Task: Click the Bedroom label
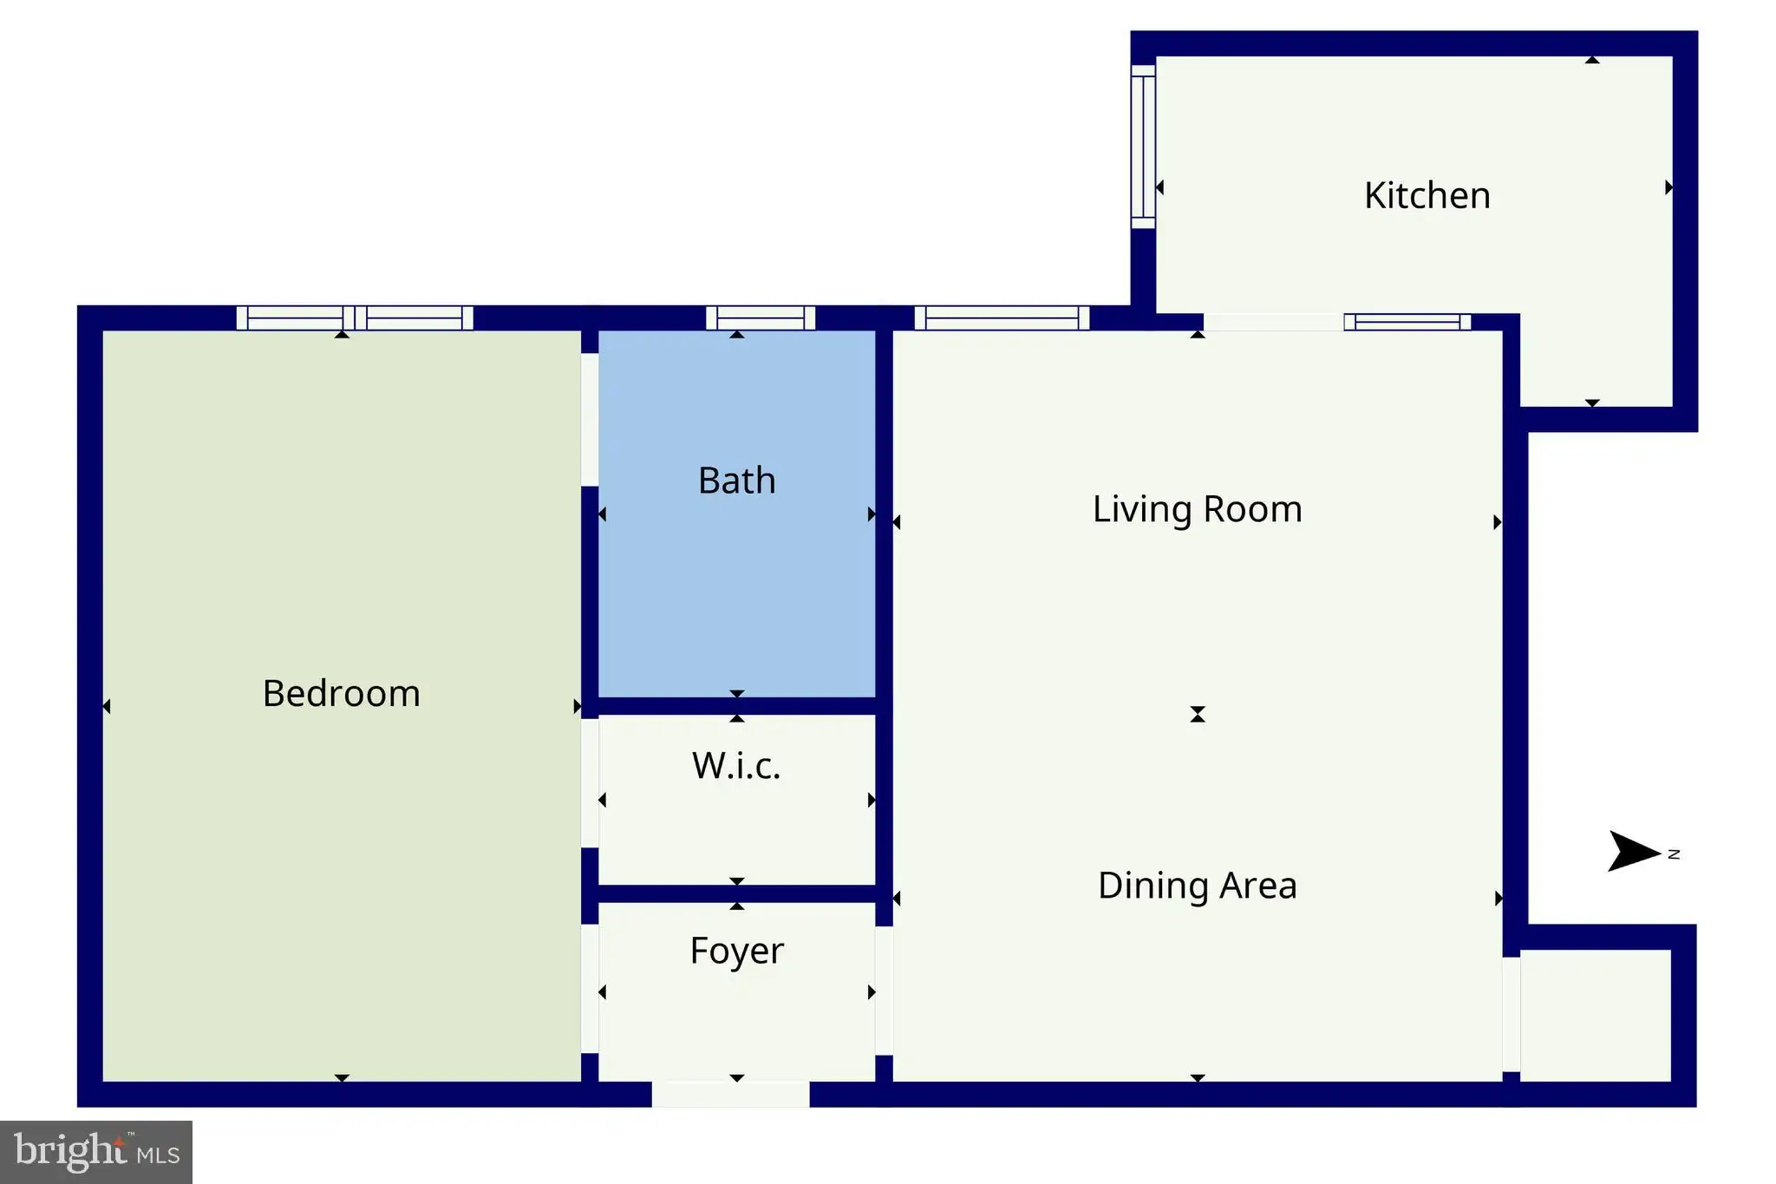click(342, 693)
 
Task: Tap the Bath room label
click(737, 481)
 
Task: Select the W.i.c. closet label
click(736, 765)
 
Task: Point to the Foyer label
click(737, 952)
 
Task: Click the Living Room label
click(1198, 509)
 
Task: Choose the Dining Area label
click(1198, 886)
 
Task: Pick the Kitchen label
click(1427, 195)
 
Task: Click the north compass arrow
click(1635, 851)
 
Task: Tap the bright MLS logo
click(96, 1152)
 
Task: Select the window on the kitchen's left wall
click(1143, 147)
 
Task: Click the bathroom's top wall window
click(761, 318)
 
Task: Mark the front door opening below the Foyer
click(730, 1094)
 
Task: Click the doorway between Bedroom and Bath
click(590, 420)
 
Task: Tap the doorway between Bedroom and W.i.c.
click(590, 783)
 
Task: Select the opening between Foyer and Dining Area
click(884, 991)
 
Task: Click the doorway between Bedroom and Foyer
click(590, 989)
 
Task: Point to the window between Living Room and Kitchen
click(1407, 322)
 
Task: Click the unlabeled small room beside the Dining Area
click(1596, 1016)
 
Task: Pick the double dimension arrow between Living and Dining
click(1198, 714)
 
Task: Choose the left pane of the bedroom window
click(296, 318)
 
